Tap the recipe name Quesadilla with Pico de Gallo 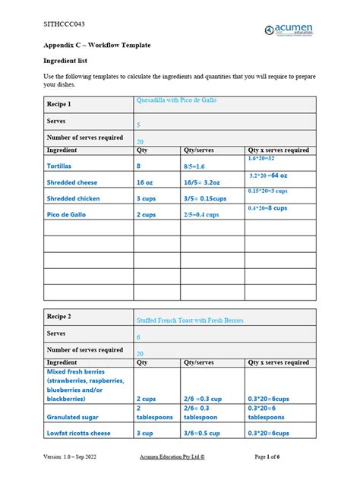coord(175,100)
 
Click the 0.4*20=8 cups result coord(267,208)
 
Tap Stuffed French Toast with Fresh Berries coord(190,321)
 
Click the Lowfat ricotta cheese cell coord(79,433)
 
